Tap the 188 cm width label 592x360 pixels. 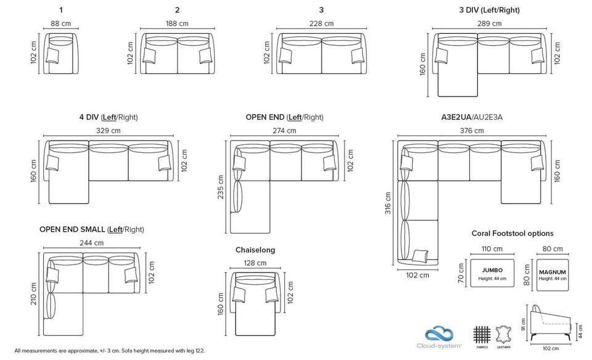coord(177,24)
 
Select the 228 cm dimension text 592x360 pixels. coord(321,24)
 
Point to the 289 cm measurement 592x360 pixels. coord(489,24)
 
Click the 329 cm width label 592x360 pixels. coord(108,131)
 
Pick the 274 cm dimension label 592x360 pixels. coord(284,131)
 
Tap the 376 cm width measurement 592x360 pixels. coord(471,131)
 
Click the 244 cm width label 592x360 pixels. coord(91,243)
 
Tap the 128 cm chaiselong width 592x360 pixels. coord(255,263)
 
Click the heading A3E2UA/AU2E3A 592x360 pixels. coord(471,117)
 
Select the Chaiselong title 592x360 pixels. coord(255,250)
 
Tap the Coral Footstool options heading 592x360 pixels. coord(512,234)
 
